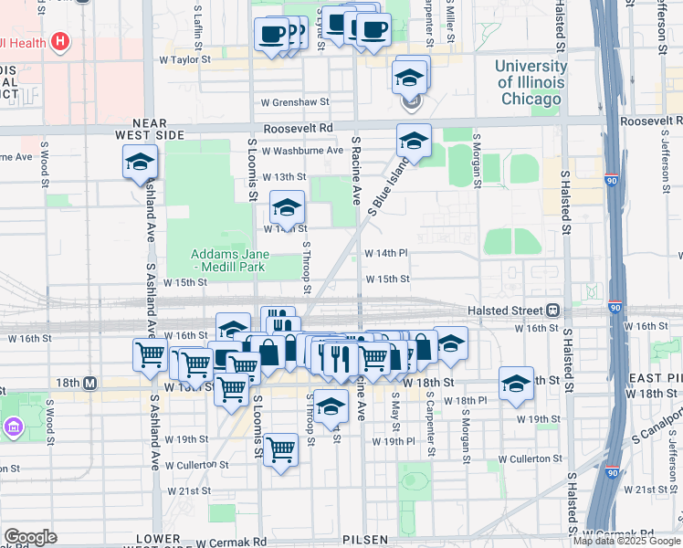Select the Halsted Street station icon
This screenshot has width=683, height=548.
click(552, 311)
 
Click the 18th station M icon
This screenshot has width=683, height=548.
click(89, 384)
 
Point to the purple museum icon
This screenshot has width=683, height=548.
click(14, 427)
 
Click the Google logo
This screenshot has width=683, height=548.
click(30, 537)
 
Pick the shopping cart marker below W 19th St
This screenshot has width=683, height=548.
click(280, 449)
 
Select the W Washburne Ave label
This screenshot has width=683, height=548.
click(302, 150)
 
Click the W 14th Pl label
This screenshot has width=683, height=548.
click(385, 253)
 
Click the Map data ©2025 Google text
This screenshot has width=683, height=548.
click(626, 541)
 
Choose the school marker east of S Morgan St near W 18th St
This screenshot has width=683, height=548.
click(517, 385)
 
